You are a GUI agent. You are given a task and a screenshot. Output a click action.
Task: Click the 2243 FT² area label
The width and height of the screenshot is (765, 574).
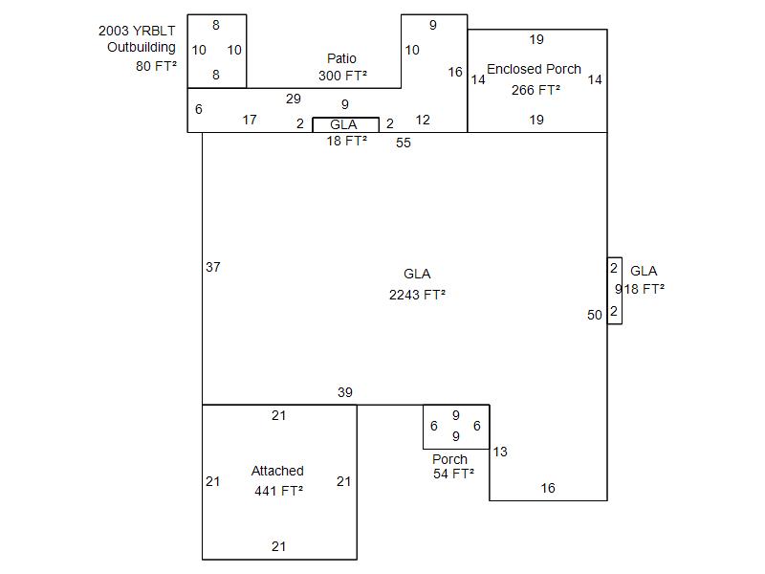(417, 295)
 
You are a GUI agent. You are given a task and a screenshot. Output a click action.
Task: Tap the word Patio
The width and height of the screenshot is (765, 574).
(341, 58)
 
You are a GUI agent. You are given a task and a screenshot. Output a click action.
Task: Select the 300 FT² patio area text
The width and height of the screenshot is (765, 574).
(342, 75)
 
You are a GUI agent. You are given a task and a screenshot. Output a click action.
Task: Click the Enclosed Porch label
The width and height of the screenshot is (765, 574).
(534, 69)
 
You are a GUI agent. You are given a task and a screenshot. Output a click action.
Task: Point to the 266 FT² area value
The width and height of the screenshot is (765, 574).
(535, 90)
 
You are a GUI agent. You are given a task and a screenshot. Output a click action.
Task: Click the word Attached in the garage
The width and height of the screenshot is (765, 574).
(277, 471)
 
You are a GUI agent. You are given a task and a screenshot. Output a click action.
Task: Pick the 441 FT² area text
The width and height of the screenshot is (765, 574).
(278, 491)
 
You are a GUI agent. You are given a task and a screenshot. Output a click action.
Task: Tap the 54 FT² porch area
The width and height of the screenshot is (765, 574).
(453, 474)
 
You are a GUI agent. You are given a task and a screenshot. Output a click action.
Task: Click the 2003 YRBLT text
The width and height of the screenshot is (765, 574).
(137, 31)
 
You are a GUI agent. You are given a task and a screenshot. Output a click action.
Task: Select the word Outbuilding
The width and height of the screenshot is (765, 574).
(141, 47)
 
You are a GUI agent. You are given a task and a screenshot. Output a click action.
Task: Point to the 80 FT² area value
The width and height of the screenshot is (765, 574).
(156, 67)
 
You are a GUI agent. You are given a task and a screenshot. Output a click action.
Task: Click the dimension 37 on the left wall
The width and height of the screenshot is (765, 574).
(213, 267)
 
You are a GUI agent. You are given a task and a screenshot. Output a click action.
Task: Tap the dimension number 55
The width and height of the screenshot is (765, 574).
(404, 143)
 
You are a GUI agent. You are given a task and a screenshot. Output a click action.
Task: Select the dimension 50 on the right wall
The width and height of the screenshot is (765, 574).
(595, 315)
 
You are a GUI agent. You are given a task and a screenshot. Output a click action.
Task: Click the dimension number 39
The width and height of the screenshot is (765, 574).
(345, 392)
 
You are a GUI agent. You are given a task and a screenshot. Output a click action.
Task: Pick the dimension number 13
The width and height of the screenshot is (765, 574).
(500, 452)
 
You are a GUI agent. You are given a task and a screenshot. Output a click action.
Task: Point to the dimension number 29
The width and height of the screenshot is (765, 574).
(294, 99)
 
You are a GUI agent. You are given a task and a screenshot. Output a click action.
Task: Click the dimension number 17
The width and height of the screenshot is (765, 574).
(250, 120)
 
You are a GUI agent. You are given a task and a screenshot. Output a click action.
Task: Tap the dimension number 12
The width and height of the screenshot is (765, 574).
(423, 120)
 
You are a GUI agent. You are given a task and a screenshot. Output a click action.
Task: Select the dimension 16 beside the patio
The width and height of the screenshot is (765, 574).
(455, 72)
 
